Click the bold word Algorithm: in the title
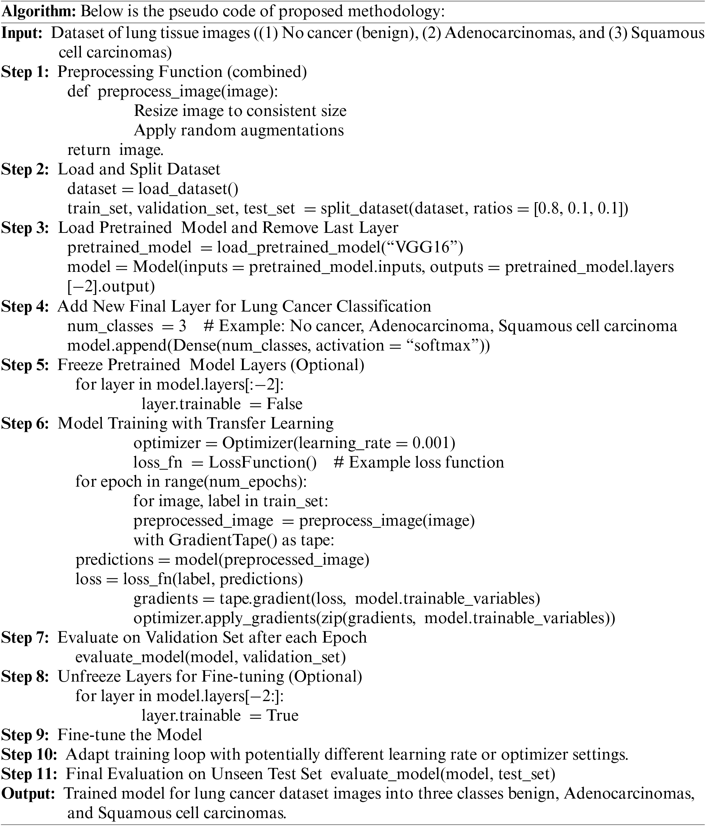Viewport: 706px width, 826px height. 39,12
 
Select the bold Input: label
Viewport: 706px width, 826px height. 22,33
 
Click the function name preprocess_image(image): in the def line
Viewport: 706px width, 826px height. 187,92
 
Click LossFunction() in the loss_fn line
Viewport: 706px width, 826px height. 263,462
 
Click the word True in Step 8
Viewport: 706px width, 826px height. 282,715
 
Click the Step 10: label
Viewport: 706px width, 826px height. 29,754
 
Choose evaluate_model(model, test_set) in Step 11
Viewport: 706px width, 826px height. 443,774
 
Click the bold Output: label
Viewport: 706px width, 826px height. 28,793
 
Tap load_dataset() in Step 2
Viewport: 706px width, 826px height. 188,189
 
